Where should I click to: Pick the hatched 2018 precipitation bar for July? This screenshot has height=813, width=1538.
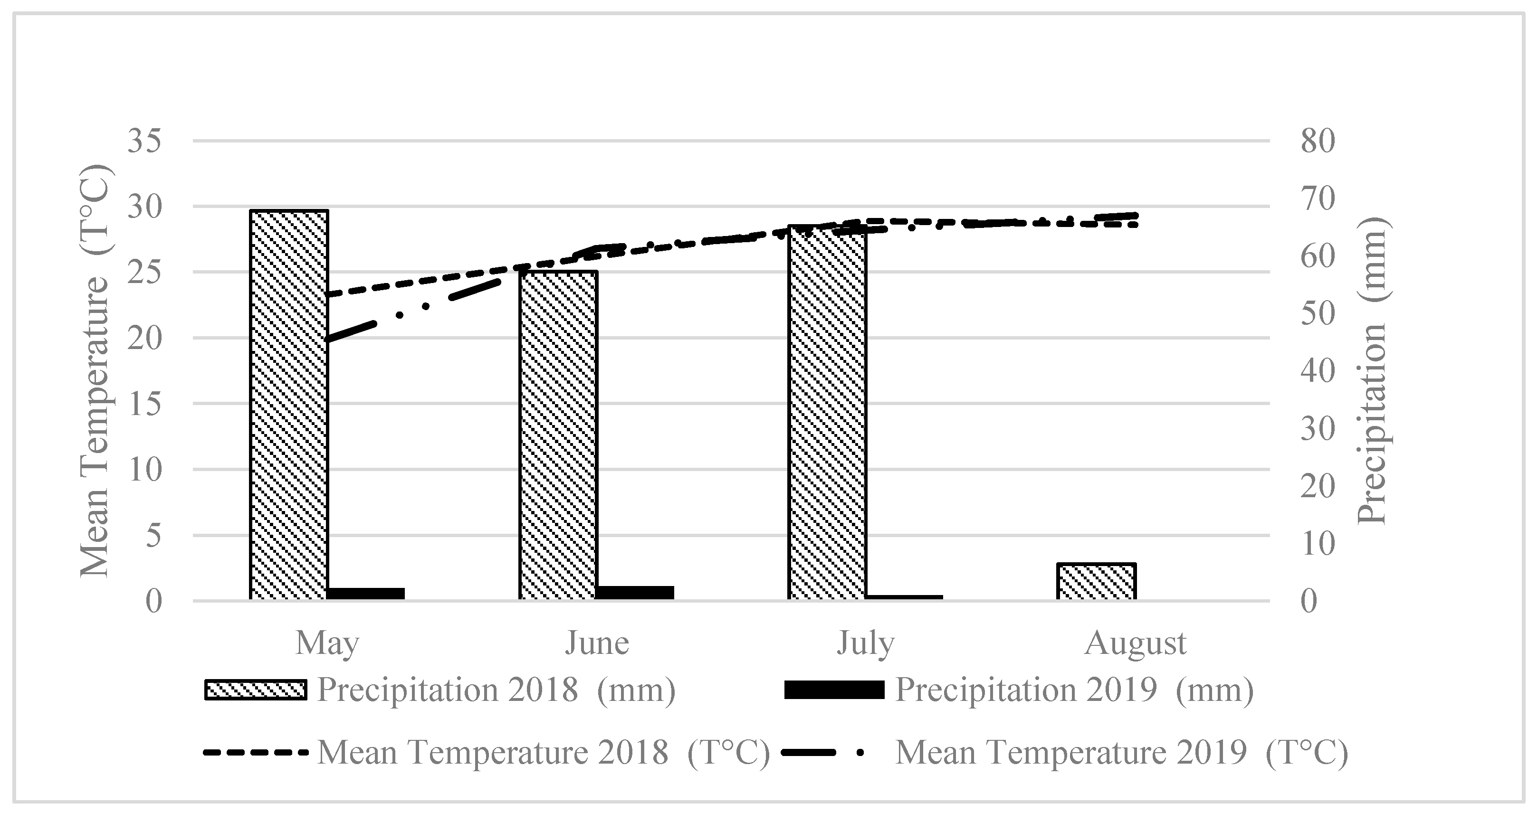point(827,412)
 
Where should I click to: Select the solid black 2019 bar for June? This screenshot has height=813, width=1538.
point(635,592)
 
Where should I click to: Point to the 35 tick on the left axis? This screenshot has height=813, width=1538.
point(144,142)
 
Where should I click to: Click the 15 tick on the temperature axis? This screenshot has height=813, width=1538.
point(144,404)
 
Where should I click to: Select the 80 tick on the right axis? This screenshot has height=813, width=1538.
point(1317,142)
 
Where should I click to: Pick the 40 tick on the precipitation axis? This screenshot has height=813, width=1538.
point(1317,371)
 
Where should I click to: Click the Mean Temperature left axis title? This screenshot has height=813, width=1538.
point(96,370)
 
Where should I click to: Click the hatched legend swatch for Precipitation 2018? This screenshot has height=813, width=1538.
point(256,690)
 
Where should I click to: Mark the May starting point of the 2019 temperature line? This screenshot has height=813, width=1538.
point(328,340)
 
